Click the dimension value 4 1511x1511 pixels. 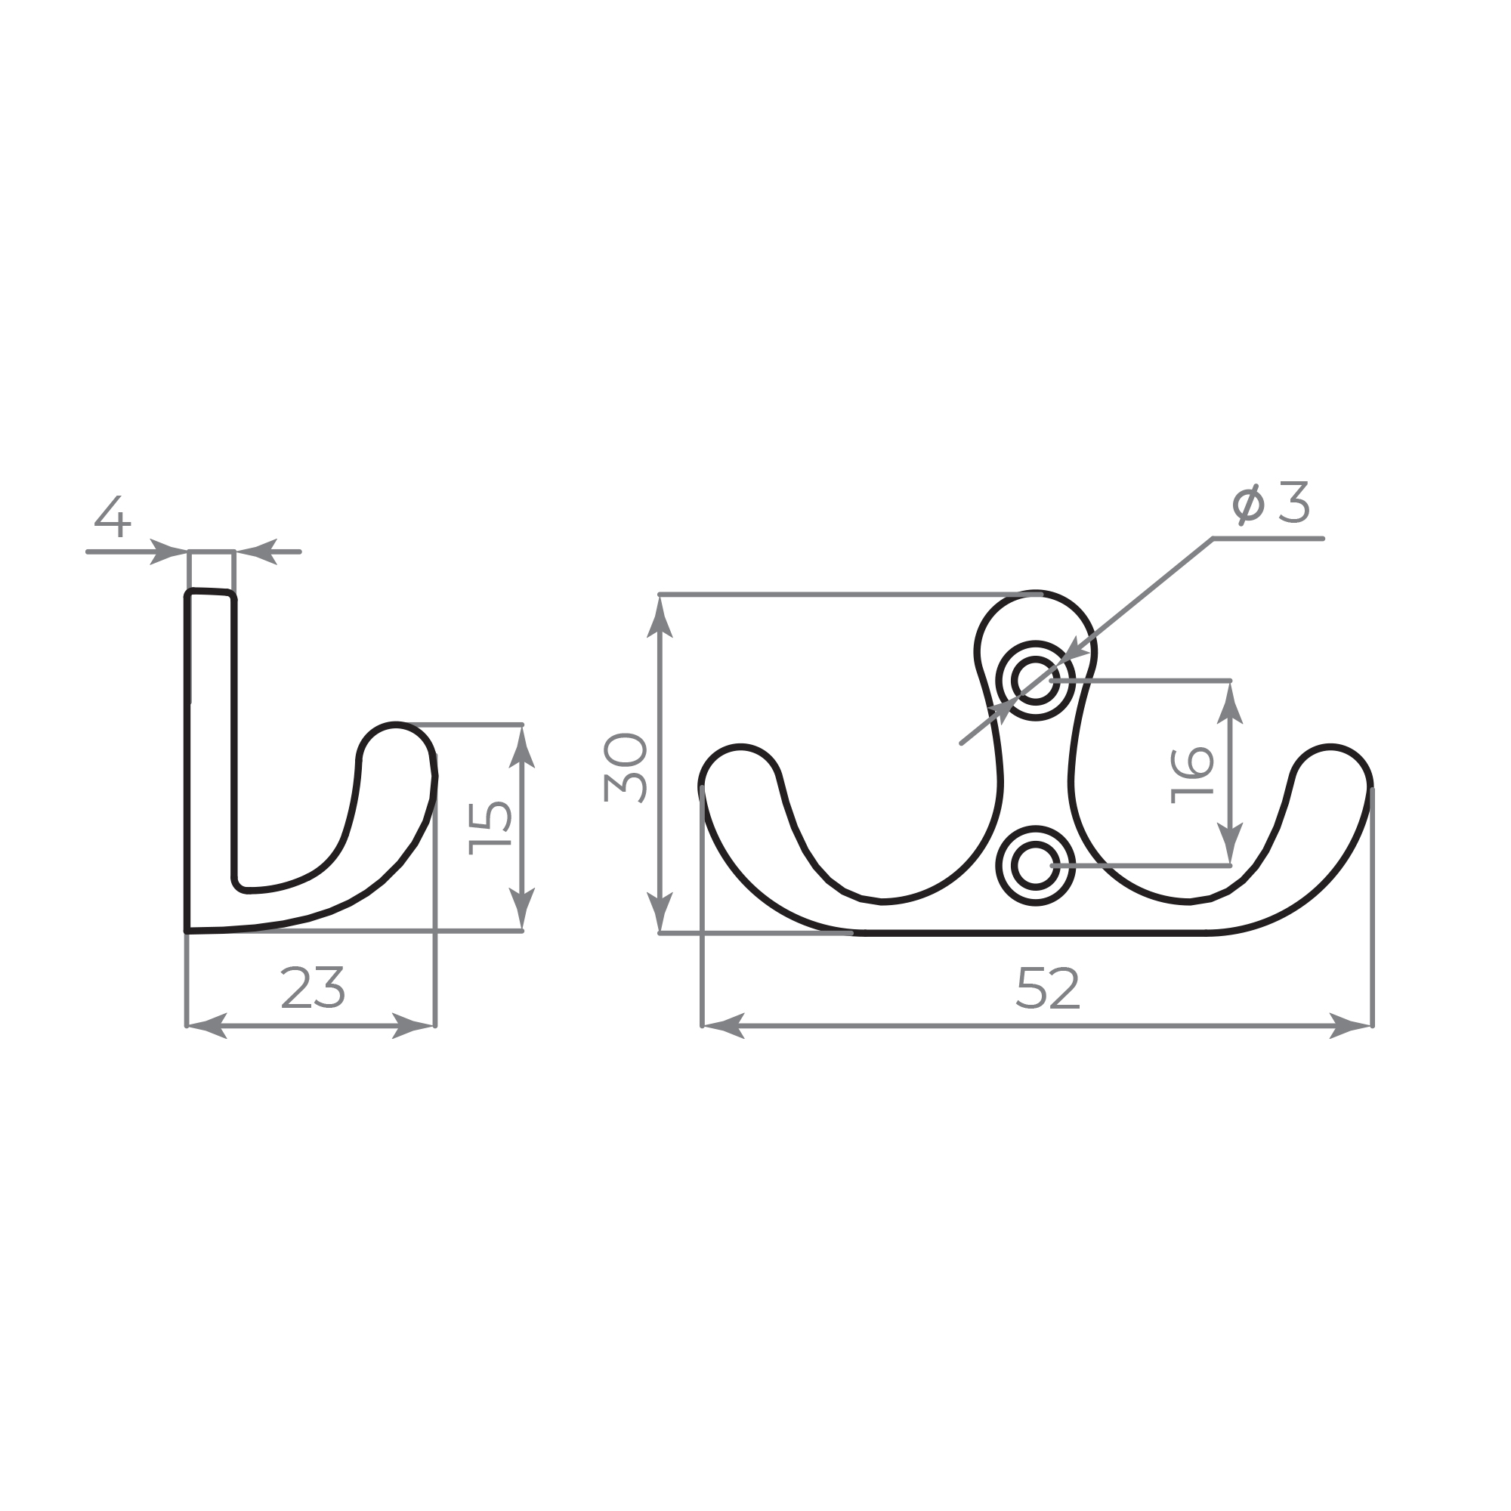click(x=113, y=516)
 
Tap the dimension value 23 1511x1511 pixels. click(x=312, y=987)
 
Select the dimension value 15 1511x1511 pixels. click(x=490, y=828)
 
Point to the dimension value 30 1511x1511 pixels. click(x=625, y=768)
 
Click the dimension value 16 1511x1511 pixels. click(x=1191, y=776)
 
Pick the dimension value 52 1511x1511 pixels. click(x=1048, y=987)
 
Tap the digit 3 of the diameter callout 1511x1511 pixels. click(x=1294, y=502)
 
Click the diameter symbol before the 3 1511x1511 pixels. click(x=1248, y=505)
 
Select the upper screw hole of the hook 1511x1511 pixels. click(x=1036, y=680)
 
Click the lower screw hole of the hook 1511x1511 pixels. click(x=1036, y=866)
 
